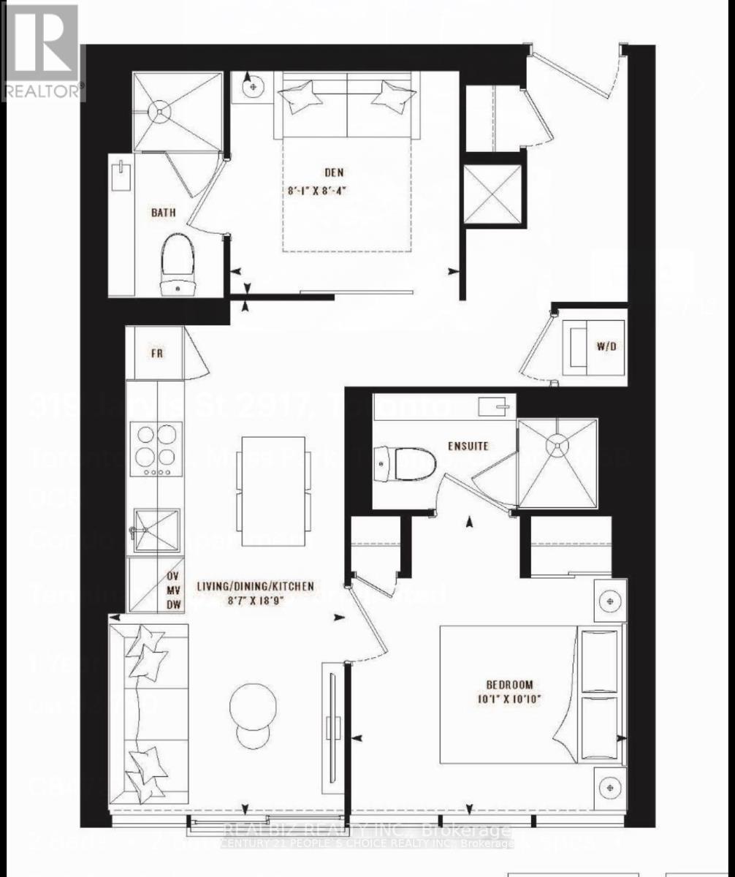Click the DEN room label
[x=335, y=173]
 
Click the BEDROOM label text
[x=509, y=685]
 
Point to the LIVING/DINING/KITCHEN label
[x=256, y=585]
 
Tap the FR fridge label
[x=156, y=353]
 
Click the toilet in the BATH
[x=178, y=264]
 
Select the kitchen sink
[x=155, y=530]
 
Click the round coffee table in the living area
[x=254, y=705]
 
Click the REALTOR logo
[x=41, y=51]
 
